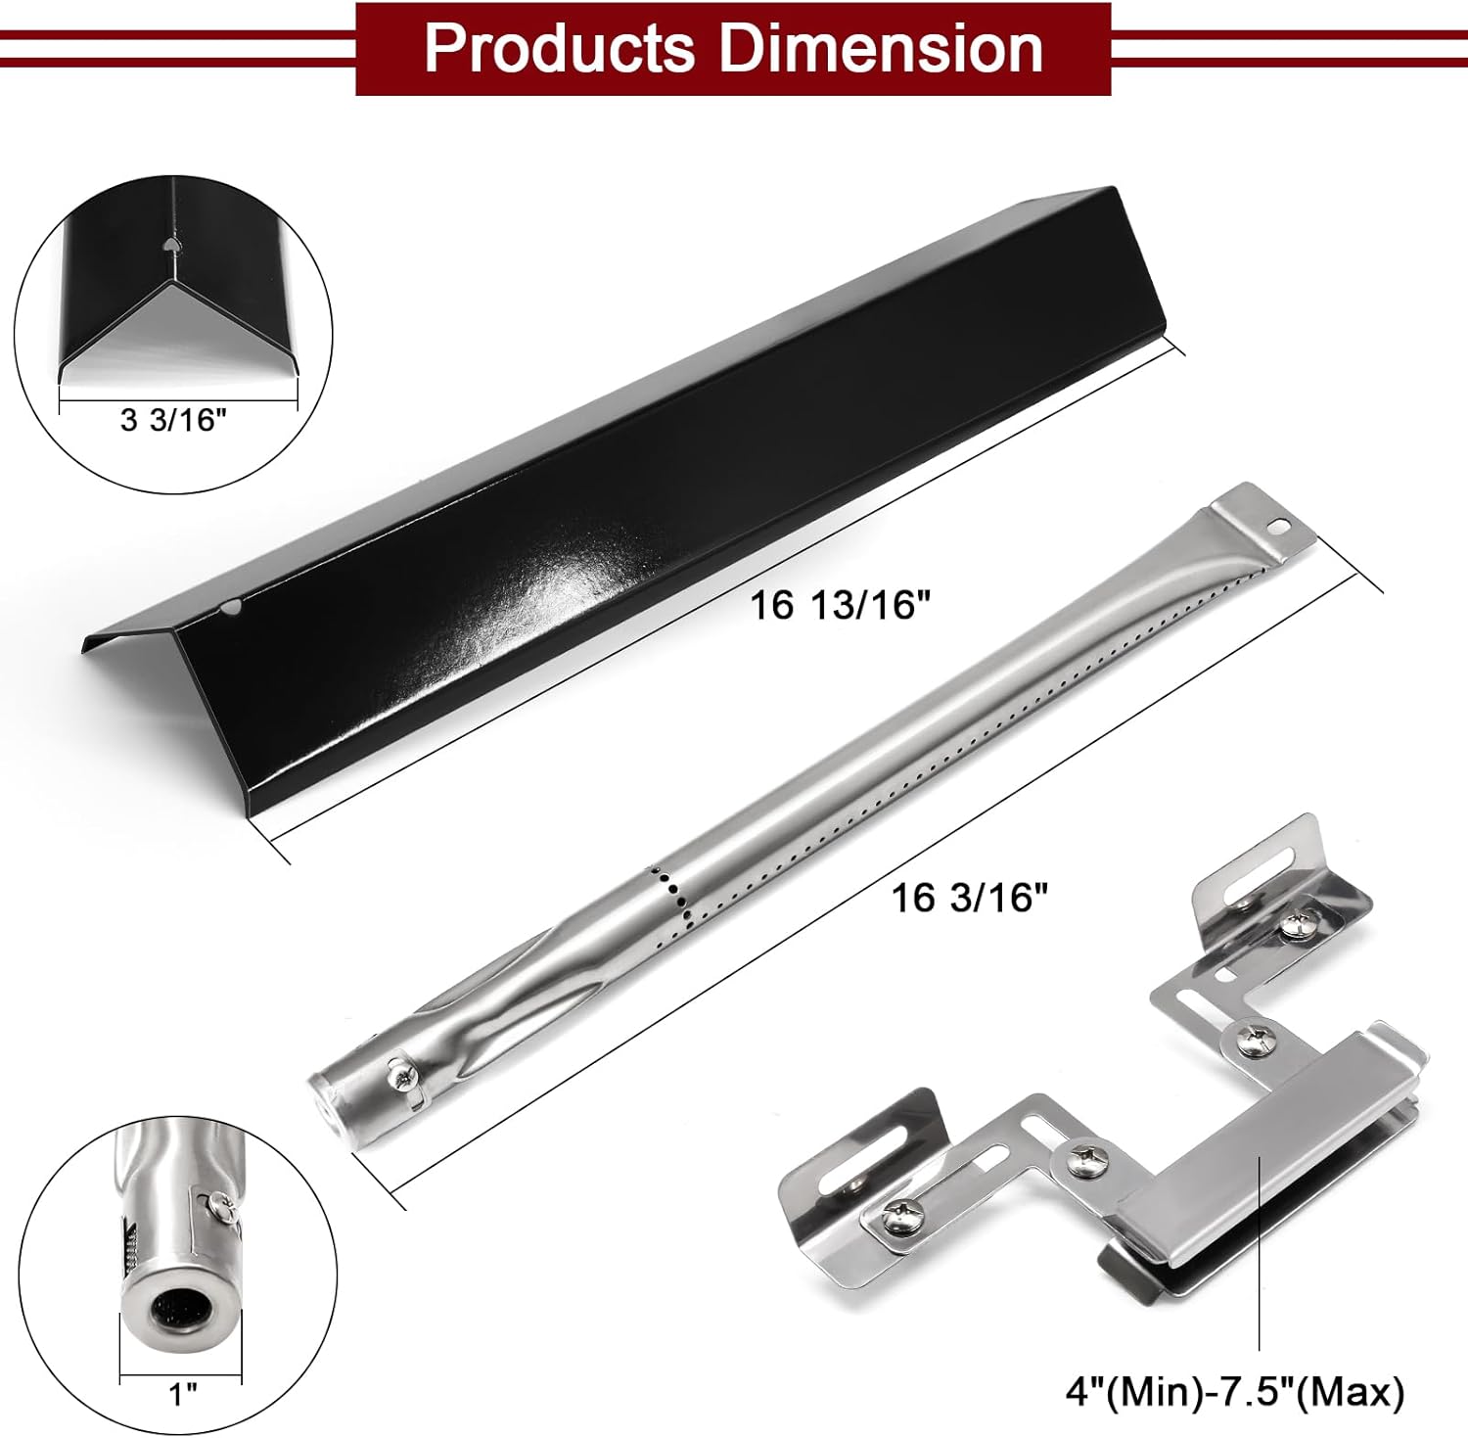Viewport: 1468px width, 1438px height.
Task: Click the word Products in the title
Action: [x=559, y=48]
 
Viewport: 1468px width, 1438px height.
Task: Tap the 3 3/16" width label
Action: [x=173, y=420]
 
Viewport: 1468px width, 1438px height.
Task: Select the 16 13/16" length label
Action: [x=839, y=605]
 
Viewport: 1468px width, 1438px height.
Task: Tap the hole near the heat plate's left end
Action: [x=231, y=608]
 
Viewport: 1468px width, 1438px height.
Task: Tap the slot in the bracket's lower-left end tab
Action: [x=887, y=1144]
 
